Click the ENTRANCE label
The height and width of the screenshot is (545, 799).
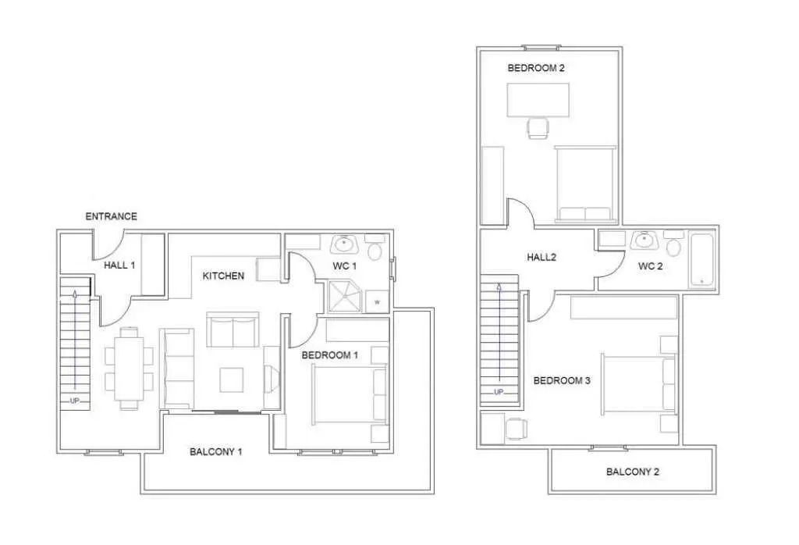[111, 216]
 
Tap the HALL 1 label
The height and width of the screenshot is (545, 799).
[119, 265]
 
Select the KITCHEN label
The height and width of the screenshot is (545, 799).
[223, 276]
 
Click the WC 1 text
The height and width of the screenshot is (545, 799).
[344, 266]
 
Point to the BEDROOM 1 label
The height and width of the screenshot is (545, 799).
[330, 354]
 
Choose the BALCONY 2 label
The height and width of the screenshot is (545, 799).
[632, 472]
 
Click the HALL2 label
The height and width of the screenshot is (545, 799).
[542, 258]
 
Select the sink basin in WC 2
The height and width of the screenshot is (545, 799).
[644, 240]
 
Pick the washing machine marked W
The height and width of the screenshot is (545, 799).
[377, 302]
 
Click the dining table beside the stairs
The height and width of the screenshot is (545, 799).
[129, 367]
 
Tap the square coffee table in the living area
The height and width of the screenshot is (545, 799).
[231, 379]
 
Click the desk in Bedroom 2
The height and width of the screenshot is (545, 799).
[538, 100]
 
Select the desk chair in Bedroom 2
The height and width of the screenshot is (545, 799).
[538, 128]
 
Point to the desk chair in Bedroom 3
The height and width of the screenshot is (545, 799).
[517, 429]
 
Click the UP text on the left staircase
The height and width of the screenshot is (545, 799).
[74, 401]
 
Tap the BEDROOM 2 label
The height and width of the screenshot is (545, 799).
[536, 68]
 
